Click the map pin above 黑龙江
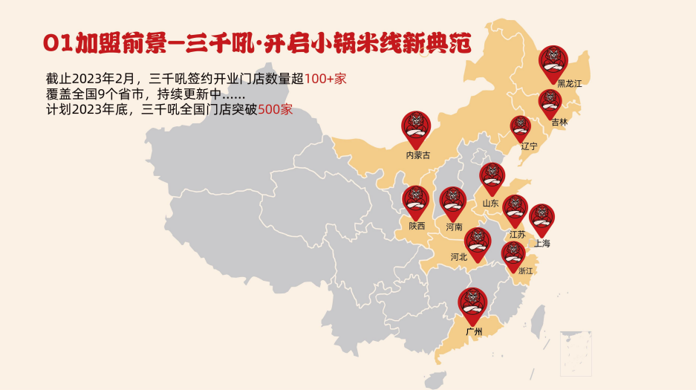(x=553, y=62)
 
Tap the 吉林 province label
(x=559, y=122)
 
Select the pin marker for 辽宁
(x=521, y=128)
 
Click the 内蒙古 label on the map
(x=417, y=155)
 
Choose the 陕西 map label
(x=417, y=225)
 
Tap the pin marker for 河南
(x=452, y=203)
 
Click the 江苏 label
(x=517, y=234)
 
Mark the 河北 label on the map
(x=458, y=257)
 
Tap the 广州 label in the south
(x=473, y=331)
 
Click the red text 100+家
(x=325, y=79)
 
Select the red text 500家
(x=276, y=110)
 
